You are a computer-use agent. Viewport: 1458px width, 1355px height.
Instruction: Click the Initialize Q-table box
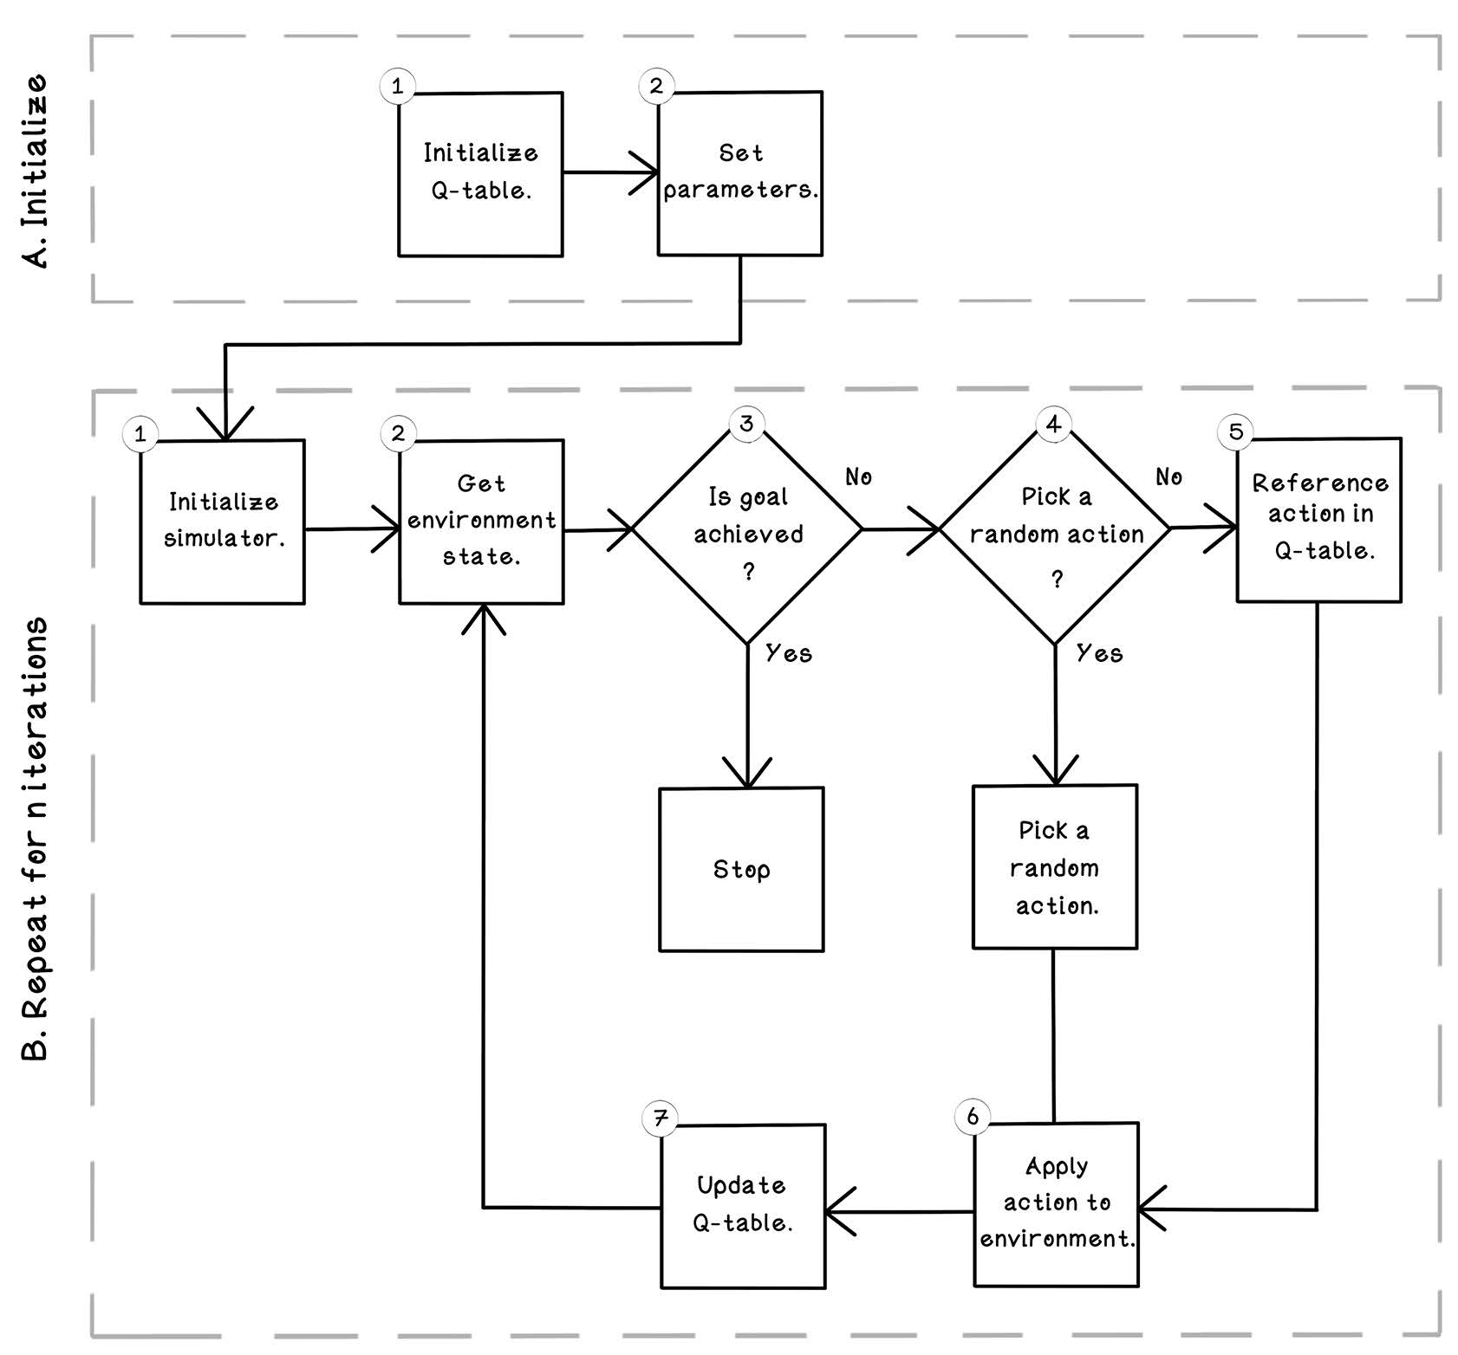point(480,174)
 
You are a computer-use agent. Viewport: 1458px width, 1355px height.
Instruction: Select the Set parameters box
point(739,173)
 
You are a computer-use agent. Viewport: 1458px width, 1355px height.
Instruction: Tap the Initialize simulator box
point(223,522)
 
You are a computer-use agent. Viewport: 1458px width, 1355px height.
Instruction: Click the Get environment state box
point(481,522)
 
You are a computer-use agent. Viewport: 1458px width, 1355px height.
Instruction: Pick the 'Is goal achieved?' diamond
point(747,528)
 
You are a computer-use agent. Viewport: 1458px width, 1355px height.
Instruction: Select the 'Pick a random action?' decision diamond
point(1055,528)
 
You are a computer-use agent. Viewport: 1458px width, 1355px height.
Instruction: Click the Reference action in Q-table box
point(1318,520)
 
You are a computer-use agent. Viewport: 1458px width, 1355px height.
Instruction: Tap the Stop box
point(741,869)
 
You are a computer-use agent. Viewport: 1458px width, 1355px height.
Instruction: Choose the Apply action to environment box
point(1056,1204)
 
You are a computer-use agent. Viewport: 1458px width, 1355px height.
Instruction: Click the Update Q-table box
point(743,1206)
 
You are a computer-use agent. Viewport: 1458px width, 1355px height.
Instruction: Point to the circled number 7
point(661,1118)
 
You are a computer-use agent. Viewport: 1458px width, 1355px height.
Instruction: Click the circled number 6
point(973,1116)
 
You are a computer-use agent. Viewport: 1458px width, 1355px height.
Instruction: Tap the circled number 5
point(1236,431)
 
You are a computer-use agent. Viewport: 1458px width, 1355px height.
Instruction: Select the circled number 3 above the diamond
point(746,423)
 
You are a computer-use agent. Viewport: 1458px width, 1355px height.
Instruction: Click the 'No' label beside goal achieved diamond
point(858,477)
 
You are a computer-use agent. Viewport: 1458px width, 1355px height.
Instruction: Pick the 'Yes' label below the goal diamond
point(789,653)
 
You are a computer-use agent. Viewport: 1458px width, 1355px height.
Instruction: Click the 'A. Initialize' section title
point(36,172)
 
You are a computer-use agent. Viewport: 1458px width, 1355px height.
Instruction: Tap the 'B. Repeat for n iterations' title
point(36,839)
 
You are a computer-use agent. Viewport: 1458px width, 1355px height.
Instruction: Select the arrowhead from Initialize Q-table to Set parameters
point(645,172)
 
